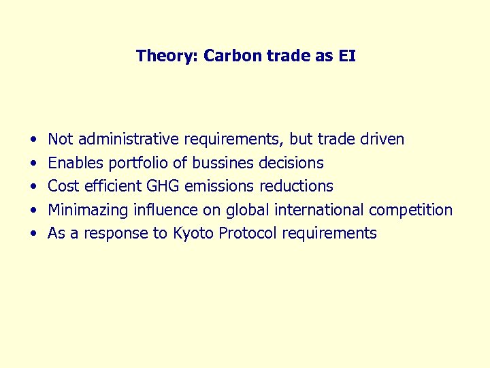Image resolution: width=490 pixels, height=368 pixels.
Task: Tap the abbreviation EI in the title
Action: point(346,55)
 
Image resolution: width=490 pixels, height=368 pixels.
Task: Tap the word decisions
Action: point(291,163)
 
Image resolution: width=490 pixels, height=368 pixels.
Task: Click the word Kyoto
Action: point(193,233)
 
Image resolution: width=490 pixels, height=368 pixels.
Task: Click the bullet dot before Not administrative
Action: point(33,140)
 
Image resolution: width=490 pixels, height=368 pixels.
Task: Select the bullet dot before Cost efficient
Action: point(33,187)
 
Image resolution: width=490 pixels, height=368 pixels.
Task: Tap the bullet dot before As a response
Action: point(33,234)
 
